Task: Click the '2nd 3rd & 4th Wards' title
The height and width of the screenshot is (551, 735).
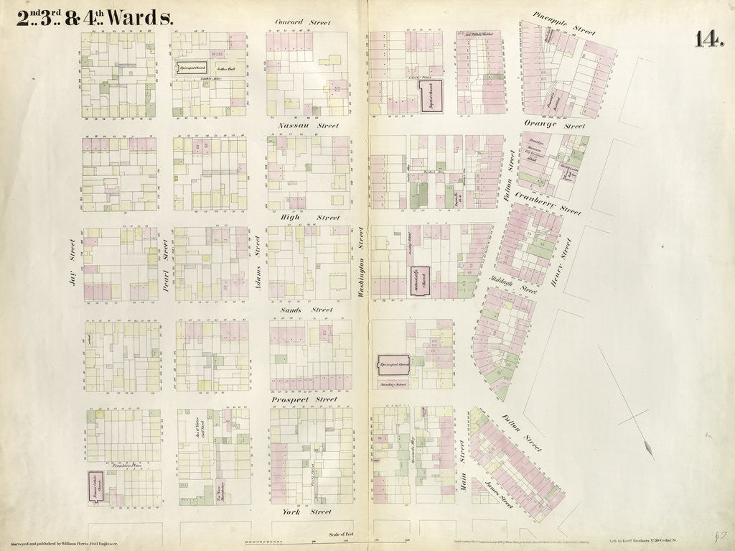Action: click(95, 18)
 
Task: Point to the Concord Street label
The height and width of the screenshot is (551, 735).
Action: click(303, 23)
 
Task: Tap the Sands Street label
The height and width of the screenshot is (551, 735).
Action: click(306, 310)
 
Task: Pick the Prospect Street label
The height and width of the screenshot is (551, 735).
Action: click(304, 399)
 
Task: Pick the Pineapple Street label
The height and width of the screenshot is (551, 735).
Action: click(564, 23)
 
